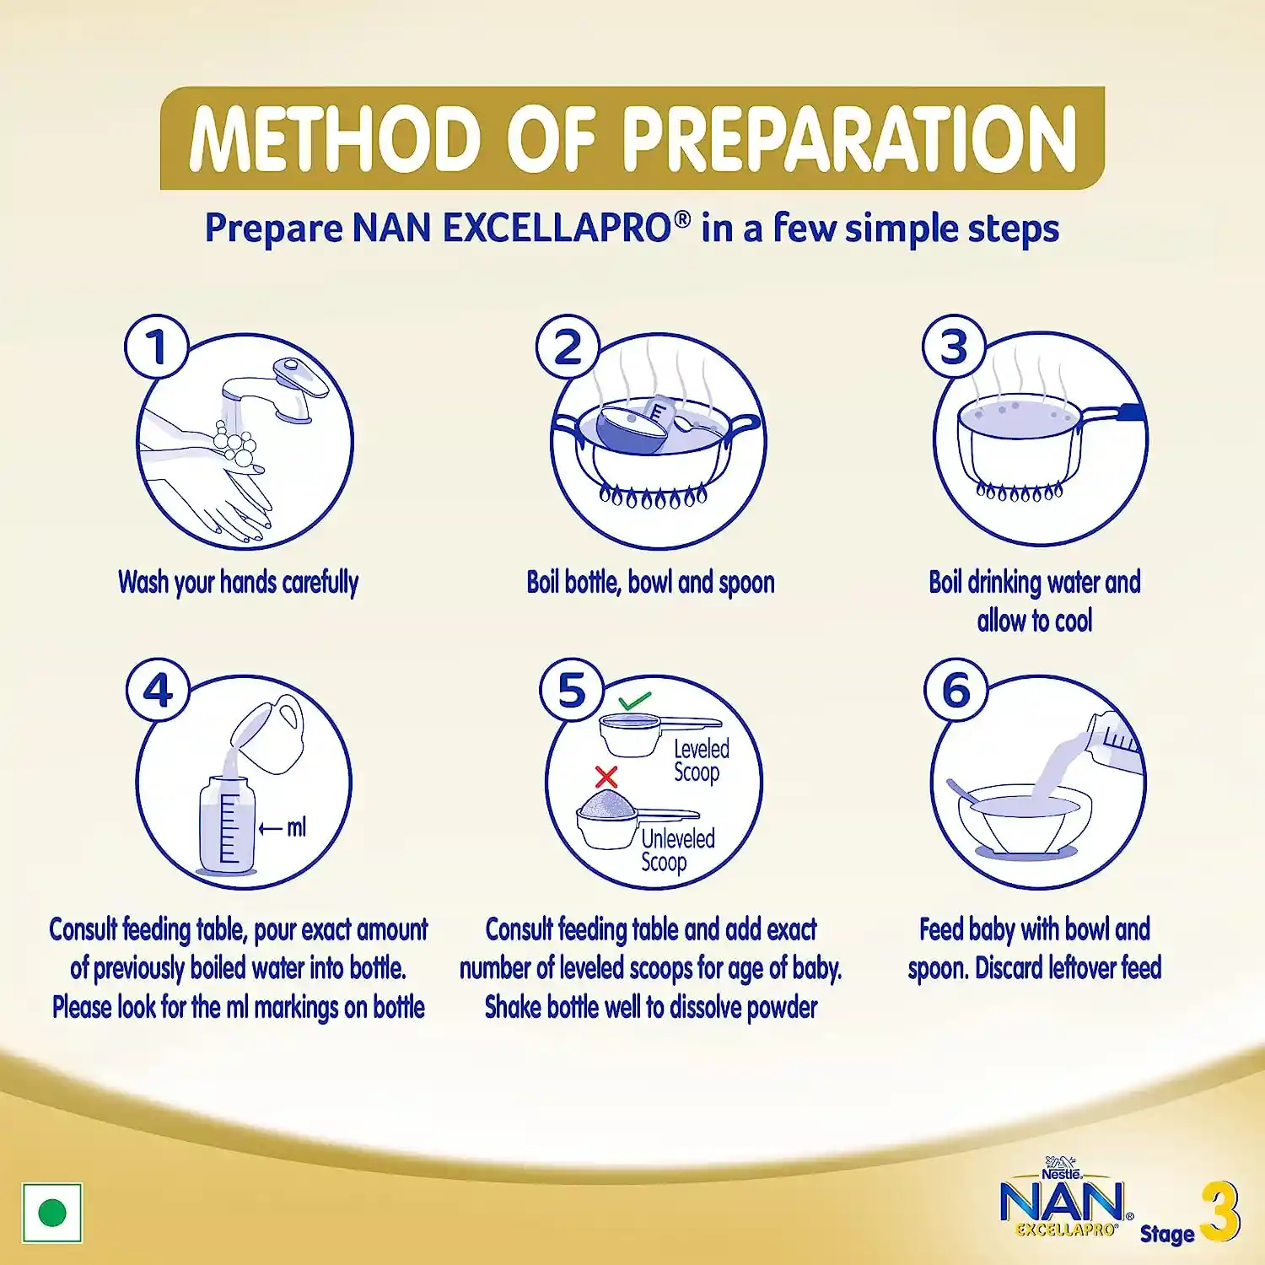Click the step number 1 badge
pos(157,347)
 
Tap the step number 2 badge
pos(568,347)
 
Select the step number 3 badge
pos(954,347)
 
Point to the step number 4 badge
pos(158,691)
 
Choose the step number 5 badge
pos(572,691)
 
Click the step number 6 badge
pos(955,690)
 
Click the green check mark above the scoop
pos(634,701)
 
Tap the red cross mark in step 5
pos(606,777)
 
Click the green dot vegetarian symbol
pos(52,1214)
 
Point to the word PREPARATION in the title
pos(849,138)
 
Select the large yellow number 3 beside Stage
pos(1219,1211)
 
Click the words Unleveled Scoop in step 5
pos(677,851)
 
